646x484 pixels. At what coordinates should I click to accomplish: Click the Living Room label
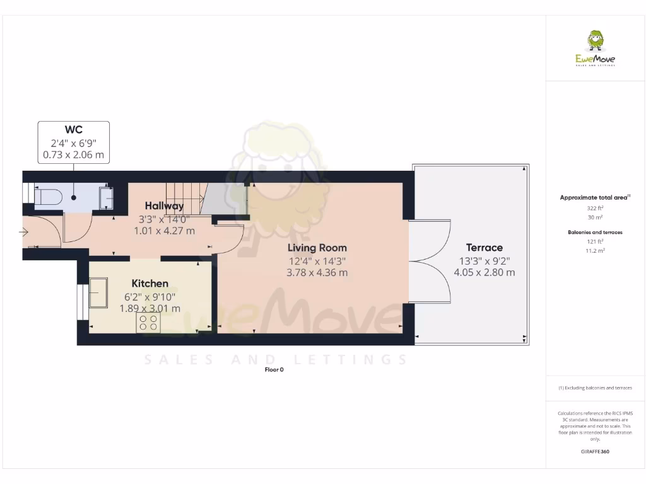[317, 248]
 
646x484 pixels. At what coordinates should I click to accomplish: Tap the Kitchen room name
[150, 284]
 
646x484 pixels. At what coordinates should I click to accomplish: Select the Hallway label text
[164, 206]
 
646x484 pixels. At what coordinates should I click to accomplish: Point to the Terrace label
[484, 248]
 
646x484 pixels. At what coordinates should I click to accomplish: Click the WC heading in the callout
[73, 130]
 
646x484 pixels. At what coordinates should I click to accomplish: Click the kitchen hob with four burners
[148, 323]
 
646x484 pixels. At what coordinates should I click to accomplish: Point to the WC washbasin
[106, 197]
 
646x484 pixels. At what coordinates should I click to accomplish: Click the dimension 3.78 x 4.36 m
[317, 273]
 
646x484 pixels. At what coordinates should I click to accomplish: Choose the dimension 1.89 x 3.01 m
[150, 309]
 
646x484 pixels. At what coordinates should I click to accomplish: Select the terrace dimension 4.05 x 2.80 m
[484, 273]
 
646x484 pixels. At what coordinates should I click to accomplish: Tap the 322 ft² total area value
[591, 207]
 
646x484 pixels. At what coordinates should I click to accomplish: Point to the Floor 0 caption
[274, 370]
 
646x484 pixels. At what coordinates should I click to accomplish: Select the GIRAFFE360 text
[595, 451]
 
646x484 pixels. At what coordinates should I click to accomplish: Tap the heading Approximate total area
[594, 197]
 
